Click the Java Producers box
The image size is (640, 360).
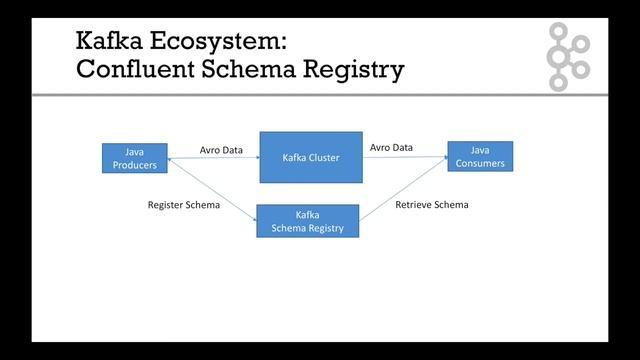click(134, 157)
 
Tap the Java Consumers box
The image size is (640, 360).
click(479, 156)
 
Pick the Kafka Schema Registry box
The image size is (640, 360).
click(307, 221)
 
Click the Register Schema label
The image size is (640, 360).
click(184, 205)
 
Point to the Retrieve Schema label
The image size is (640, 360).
click(431, 205)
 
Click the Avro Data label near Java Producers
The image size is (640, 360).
click(221, 150)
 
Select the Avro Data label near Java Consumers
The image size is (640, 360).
click(391, 147)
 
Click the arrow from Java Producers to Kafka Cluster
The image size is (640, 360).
click(214, 158)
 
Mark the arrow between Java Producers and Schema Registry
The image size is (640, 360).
click(214, 190)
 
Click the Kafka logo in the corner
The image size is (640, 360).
click(568, 56)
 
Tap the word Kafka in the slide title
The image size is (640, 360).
click(108, 41)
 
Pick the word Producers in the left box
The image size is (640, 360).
click(134, 164)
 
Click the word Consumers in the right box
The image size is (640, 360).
click(480, 163)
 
